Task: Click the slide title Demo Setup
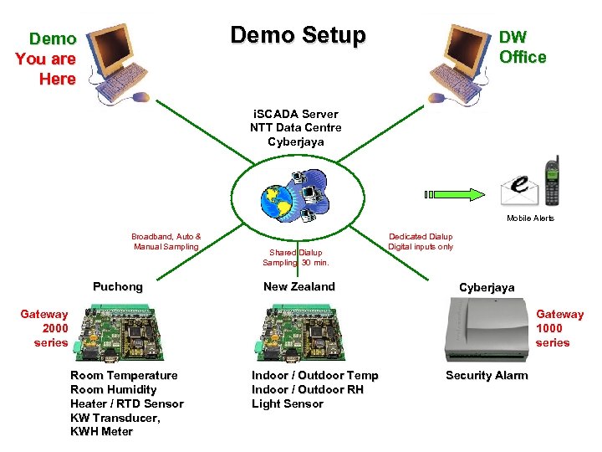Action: click(298, 35)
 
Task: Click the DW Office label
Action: click(522, 48)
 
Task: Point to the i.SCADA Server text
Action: click(295, 114)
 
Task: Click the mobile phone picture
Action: click(551, 182)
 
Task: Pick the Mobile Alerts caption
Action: click(530, 218)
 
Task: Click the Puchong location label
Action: click(117, 286)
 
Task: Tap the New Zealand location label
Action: click(298, 286)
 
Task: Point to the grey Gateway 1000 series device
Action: click(488, 330)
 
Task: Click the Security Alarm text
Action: click(487, 375)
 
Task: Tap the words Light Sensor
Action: click(287, 403)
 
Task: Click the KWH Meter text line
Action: click(101, 431)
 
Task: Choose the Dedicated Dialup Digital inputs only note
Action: click(421, 242)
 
